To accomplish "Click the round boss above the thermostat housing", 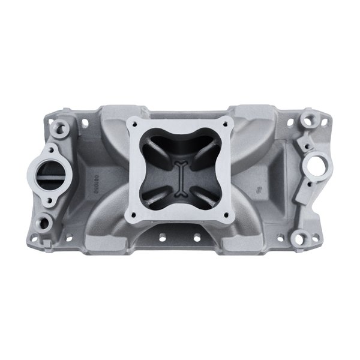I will (x=61, y=127).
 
